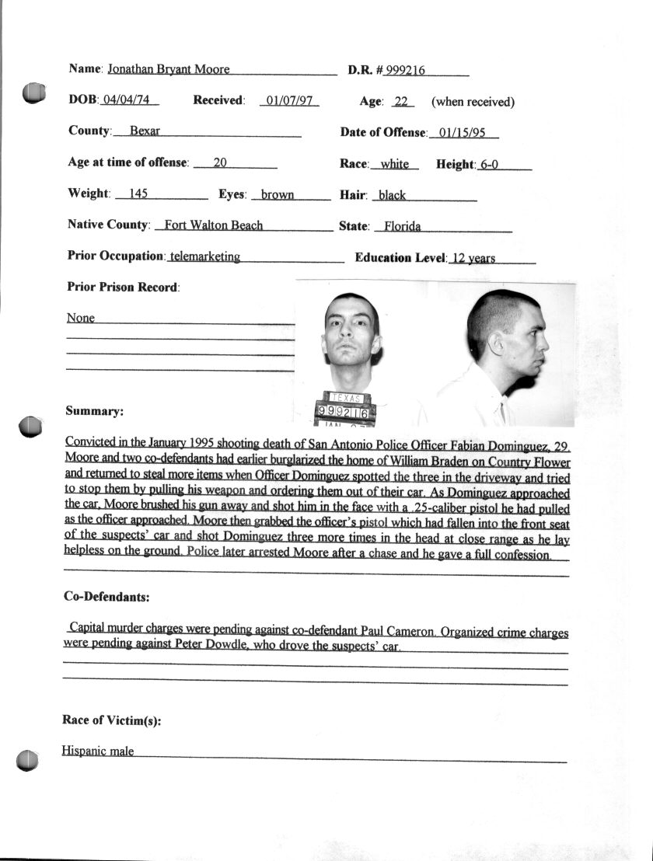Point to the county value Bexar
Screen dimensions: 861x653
pos(145,131)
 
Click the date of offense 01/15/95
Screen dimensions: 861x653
pos(462,133)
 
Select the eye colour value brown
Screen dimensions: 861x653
pos(278,195)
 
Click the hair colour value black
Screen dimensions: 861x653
pos(392,195)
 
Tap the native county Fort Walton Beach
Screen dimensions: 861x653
pos(208,225)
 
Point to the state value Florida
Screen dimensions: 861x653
pos(403,226)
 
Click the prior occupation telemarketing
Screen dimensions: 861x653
pos(205,256)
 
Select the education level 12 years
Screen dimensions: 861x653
pos(473,258)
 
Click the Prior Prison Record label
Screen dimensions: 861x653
pos(123,288)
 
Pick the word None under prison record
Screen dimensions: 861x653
pos(80,318)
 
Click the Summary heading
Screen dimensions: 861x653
pos(95,411)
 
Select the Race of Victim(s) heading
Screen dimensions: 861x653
pos(112,720)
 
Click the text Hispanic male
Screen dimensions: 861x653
pos(98,751)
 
